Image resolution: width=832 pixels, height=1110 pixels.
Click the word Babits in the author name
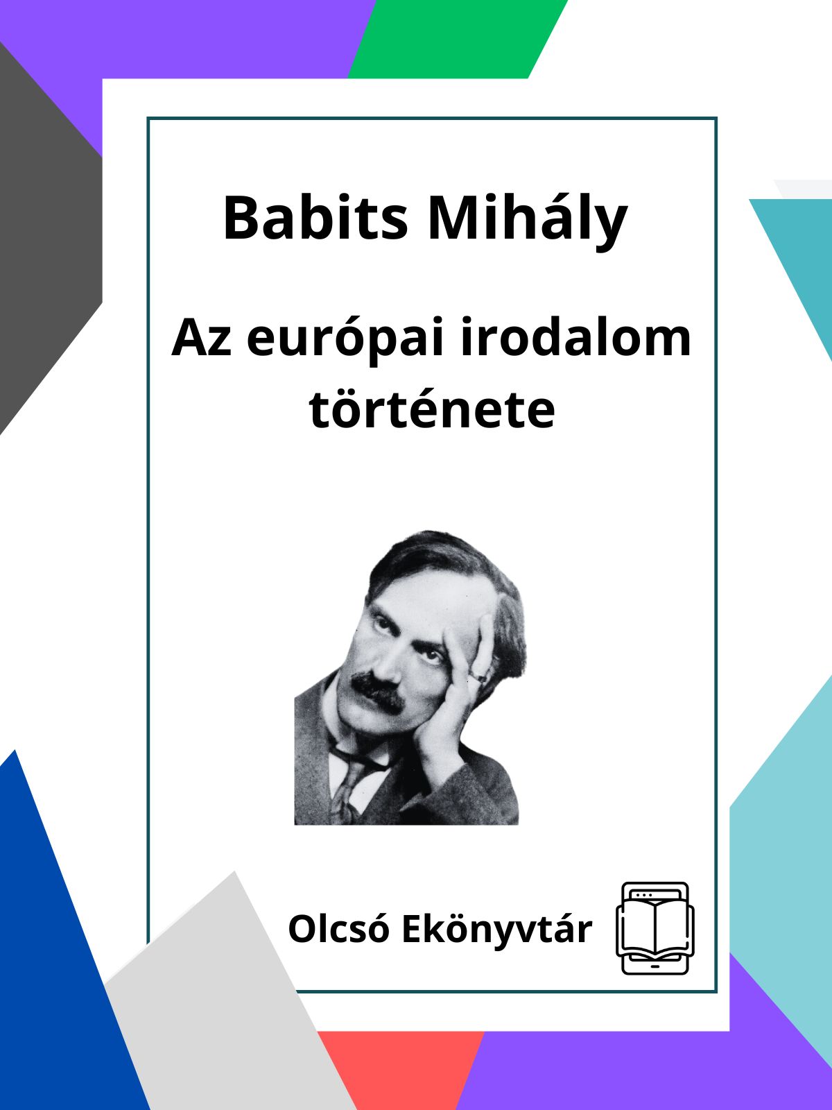(315, 218)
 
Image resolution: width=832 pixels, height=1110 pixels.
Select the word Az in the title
(202, 338)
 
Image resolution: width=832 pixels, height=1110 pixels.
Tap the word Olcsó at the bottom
(339, 929)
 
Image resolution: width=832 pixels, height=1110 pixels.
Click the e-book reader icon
(655, 928)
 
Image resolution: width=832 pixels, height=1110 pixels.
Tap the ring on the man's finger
(479, 678)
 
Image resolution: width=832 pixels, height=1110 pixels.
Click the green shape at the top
(458, 39)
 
